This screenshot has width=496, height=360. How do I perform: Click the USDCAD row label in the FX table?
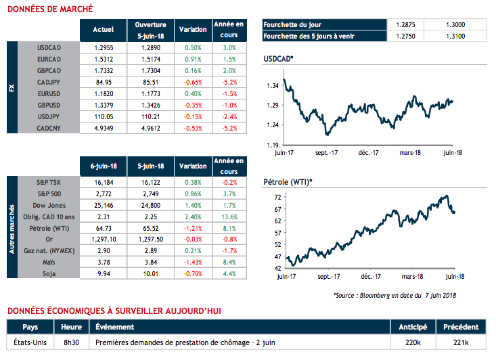pos(51,48)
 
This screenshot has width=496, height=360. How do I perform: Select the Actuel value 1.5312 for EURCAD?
pos(102,59)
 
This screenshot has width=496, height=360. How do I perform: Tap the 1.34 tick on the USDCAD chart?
pos(272,86)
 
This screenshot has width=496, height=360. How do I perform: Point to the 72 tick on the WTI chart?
pos(276,198)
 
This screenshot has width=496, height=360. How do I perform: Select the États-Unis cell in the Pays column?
pos(26,342)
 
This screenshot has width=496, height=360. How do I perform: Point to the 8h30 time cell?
pos(71,342)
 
